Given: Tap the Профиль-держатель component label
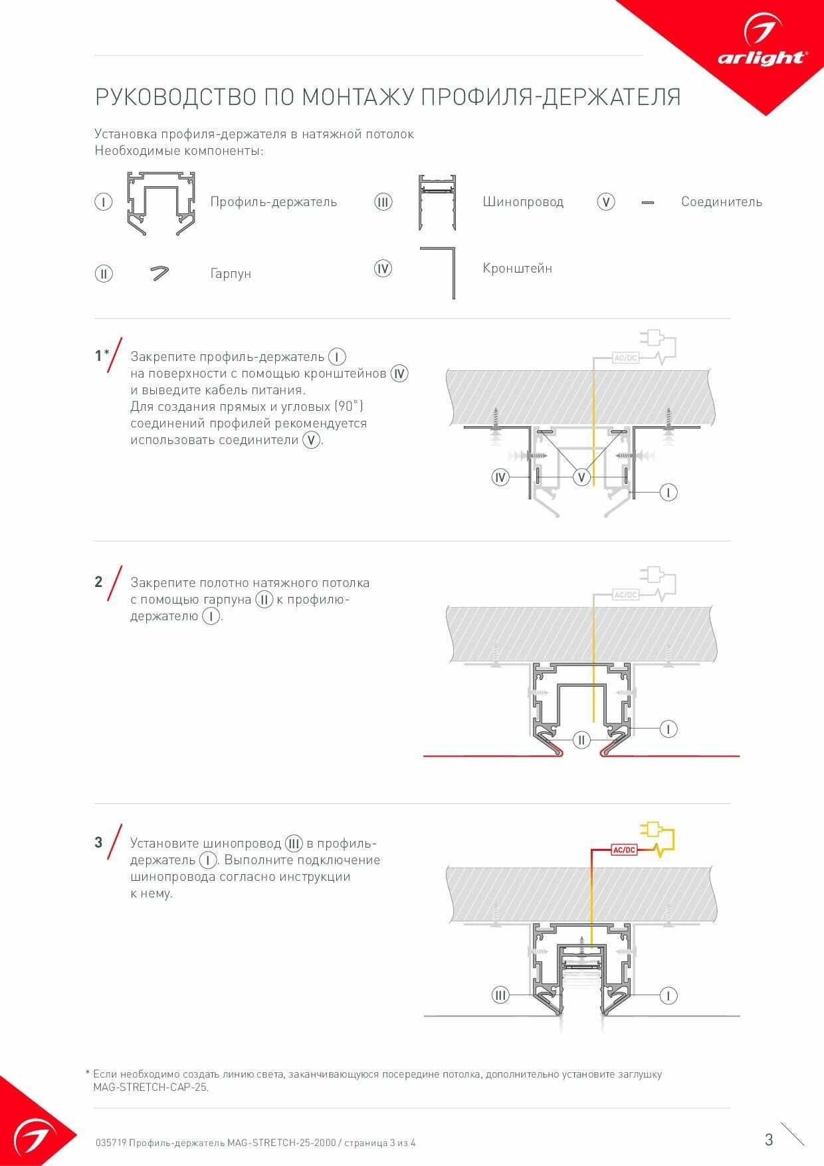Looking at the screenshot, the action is tap(273, 202).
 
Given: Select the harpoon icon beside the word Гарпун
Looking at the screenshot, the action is tap(159, 273).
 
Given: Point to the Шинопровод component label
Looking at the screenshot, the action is tap(523, 202).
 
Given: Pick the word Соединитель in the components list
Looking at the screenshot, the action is tap(721, 202).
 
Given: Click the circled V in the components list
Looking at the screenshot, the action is tap(605, 202).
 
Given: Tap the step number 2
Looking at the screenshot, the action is tap(98, 582).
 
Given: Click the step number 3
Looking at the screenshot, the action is tap(98, 843).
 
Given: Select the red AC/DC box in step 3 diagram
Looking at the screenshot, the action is tap(624, 850).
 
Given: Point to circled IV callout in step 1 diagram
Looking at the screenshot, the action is tap(500, 477).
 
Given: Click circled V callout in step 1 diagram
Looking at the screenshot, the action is tap(581, 477).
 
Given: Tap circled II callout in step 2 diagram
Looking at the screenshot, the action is tap(581, 740).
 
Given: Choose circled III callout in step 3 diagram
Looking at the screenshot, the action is tap(500, 995).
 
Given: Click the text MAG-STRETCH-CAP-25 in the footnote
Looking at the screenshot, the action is tap(150, 1088).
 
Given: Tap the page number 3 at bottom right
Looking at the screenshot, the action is tap(769, 1140).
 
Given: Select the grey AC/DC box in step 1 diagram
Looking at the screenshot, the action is tap(625, 358).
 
